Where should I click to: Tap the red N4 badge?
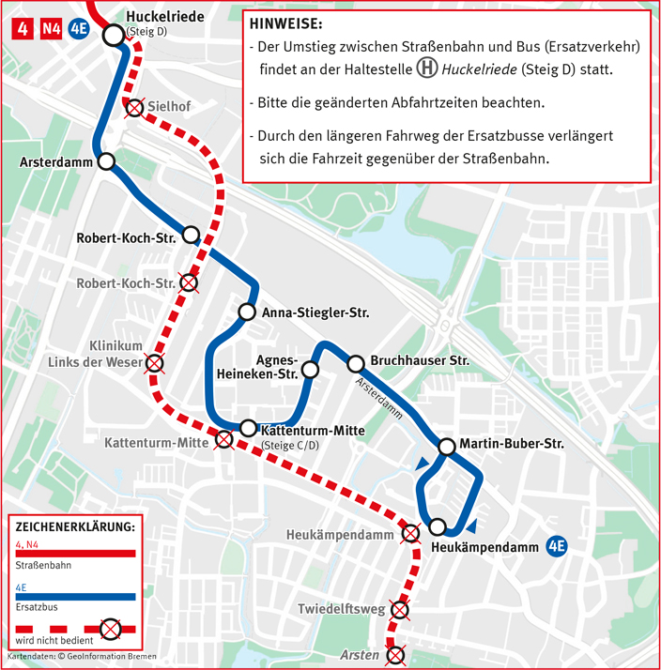(50, 29)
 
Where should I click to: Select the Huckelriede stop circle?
(114, 36)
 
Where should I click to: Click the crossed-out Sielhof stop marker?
(136, 108)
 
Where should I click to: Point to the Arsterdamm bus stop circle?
(106, 161)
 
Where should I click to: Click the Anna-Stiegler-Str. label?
(315, 312)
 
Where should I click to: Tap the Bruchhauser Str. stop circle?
(355, 363)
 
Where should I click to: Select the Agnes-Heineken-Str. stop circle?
(310, 372)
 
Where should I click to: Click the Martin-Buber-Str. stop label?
(512, 444)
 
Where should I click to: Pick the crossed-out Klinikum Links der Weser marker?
(154, 364)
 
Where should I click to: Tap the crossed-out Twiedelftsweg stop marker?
(399, 611)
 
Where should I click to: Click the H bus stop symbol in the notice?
(427, 69)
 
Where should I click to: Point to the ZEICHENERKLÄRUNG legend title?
(75, 526)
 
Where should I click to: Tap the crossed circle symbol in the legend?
(111, 627)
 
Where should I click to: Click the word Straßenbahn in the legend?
(41, 566)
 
